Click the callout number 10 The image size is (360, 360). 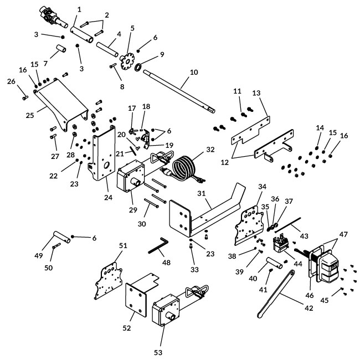(194, 72)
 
